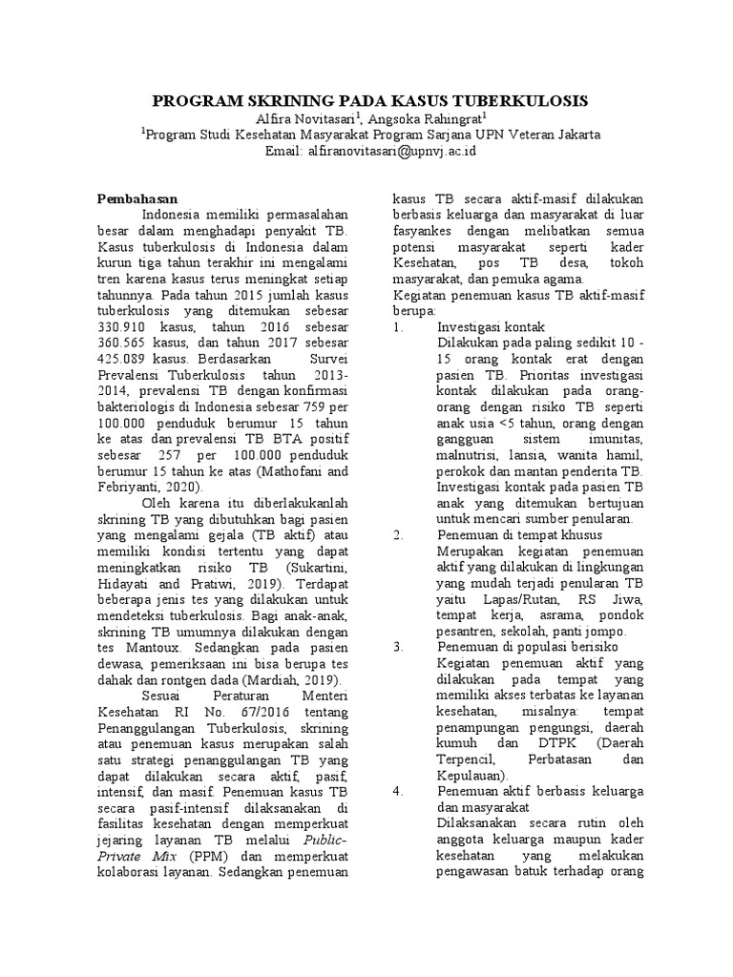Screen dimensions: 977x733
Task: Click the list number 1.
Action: coord(398,326)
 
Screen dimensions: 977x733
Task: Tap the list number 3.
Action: coord(398,647)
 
